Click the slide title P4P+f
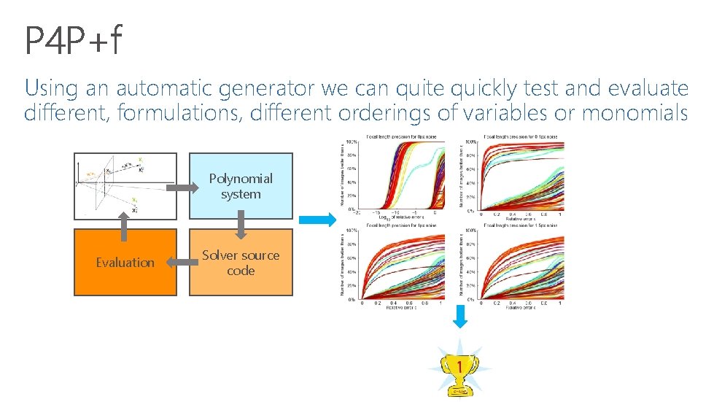click(x=73, y=41)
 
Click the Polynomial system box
click(x=241, y=186)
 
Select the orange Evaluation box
click(x=125, y=263)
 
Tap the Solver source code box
click(x=241, y=263)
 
